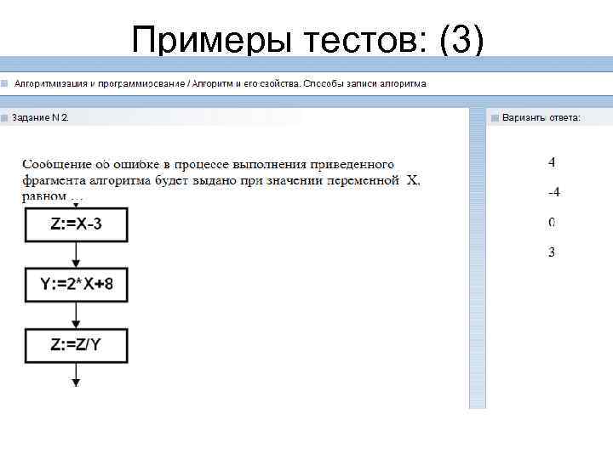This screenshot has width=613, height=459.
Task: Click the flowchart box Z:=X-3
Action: tap(76, 224)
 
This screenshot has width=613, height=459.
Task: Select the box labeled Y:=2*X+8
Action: tap(76, 285)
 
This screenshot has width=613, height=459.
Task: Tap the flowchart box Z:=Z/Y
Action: tap(76, 345)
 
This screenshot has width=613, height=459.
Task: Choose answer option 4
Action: tap(552, 161)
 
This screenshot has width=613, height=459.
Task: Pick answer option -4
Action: tap(553, 192)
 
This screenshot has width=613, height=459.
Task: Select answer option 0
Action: tap(552, 223)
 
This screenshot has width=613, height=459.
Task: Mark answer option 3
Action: tap(552, 252)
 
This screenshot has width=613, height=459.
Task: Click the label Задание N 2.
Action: tap(40, 117)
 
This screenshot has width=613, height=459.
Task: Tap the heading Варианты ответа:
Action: tap(541, 117)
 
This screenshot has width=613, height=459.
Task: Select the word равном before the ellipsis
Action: tap(43, 196)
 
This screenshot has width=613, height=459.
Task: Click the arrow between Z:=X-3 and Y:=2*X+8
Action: tap(76, 254)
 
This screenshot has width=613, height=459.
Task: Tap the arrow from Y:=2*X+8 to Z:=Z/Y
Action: tap(76, 314)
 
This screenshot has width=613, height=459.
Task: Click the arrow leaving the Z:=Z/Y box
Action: tap(76, 375)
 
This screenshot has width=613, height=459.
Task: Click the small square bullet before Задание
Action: tap(5, 117)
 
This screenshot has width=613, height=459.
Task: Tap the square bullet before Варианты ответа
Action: tap(495, 117)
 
